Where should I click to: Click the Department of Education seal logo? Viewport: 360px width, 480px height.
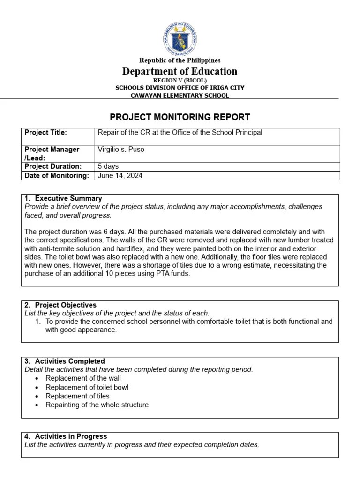click(180, 37)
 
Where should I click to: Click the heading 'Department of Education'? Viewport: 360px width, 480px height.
click(180, 71)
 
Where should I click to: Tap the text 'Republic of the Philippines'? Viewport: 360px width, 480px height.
click(180, 60)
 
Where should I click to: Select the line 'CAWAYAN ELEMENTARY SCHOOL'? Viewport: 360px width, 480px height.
click(180, 95)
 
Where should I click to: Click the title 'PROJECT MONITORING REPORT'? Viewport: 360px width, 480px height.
click(180, 117)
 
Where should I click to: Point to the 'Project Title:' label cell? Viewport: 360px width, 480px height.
click(46, 133)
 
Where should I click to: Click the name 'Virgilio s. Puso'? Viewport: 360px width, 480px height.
click(121, 150)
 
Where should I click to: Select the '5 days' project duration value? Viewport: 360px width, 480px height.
click(108, 166)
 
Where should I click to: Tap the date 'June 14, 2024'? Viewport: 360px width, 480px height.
click(120, 176)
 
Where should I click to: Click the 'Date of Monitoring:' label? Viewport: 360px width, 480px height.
click(56, 176)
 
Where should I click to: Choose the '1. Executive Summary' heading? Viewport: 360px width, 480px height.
click(64, 198)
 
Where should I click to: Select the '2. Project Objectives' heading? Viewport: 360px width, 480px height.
click(61, 305)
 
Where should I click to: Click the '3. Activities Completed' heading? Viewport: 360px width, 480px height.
click(65, 361)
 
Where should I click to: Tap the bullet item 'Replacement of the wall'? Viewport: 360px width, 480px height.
click(83, 378)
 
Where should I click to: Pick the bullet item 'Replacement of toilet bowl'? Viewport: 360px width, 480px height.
click(87, 387)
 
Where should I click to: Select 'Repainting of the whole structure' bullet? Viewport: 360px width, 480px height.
click(97, 405)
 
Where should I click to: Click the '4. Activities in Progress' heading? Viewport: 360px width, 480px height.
click(66, 436)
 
